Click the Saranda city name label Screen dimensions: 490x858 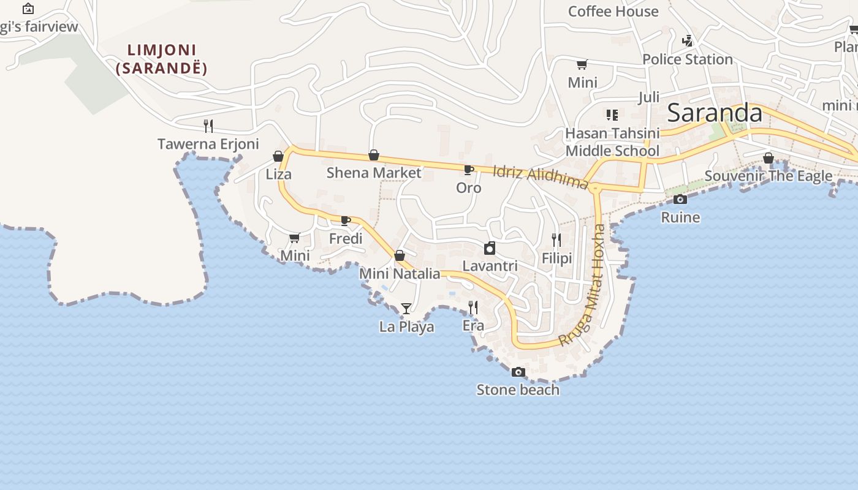(714, 113)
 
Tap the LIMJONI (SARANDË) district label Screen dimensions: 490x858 (162, 59)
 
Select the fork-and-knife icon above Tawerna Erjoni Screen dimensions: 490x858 (208, 126)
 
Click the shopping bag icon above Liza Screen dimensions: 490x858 (278, 156)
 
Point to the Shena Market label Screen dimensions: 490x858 (374, 173)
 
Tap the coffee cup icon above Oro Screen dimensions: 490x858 (469, 170)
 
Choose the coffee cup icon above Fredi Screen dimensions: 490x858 (346, 221)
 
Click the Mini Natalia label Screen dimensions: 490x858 (400, 274)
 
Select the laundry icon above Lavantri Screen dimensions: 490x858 (490, 248)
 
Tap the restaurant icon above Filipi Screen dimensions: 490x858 (556, 239)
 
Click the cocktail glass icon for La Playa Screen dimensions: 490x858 (406, 308)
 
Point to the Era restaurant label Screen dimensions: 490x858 (473, 326)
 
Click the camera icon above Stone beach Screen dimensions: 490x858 (518, 372)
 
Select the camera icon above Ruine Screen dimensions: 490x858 (680, 199)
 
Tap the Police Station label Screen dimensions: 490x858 (688, 59)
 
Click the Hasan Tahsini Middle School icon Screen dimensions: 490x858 (612, 115)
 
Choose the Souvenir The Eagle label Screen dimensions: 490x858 (769, 176)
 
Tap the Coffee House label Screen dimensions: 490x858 (613, 12)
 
